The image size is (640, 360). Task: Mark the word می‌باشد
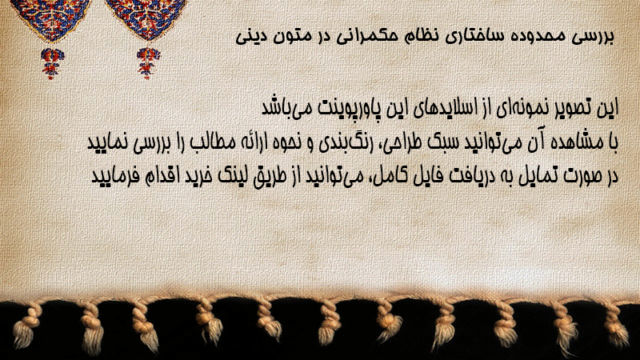283,108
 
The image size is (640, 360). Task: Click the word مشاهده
570,143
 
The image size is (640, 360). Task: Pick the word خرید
197,176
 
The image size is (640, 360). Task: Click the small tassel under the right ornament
147,62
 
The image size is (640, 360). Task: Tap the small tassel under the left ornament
51,63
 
